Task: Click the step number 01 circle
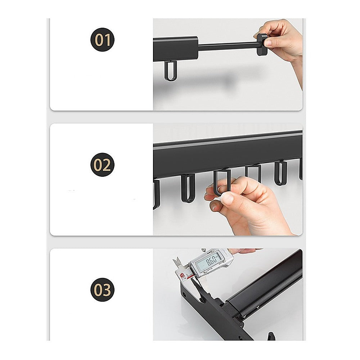click(x=102, y=40)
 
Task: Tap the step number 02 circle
click(x=102, y=165)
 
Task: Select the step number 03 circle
click(x=102, y=289)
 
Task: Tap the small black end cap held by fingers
click(x=262, y=44)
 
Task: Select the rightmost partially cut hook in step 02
click(x=300, y=169)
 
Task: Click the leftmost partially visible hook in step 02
click(x=156, y=194)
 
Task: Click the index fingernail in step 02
click(x=228, y=198)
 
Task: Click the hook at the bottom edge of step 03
click(x=270, y=337)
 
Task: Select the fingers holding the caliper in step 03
click(x=241, y=251)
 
